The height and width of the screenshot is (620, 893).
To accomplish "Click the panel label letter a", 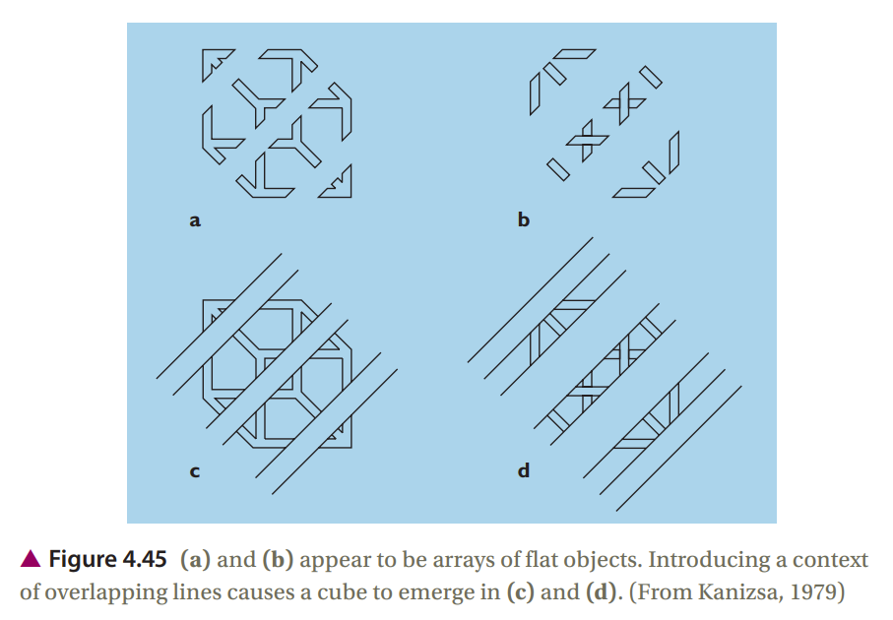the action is (195, 220).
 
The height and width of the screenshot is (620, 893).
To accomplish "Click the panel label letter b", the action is (524, 218).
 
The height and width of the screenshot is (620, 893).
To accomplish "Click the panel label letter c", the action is (195, 471).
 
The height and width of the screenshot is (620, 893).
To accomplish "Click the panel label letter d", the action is (524, 470).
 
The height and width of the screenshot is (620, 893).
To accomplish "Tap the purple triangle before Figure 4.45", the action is (31, 559).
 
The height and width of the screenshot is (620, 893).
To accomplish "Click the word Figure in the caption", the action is (82, 560).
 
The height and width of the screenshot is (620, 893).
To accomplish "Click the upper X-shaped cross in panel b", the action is (625, 103).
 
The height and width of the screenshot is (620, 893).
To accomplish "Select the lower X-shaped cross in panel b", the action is (588, 140).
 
